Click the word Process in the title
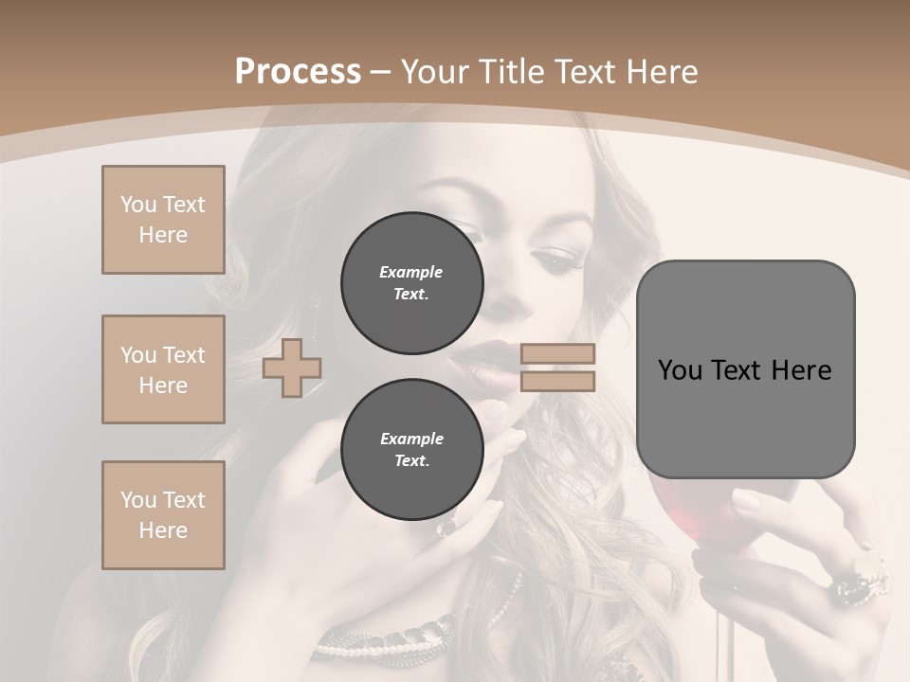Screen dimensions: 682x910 pos(298,72)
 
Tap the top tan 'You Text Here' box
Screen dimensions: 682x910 pos(163,220)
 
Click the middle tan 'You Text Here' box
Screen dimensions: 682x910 pos(163,369)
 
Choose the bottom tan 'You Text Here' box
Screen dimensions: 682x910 pos(163,515)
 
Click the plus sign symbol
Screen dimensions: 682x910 pos(292,368)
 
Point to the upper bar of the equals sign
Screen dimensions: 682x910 pos(558,354)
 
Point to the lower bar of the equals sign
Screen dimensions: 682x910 pos(558,381)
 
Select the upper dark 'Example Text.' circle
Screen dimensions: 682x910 pos(411,283)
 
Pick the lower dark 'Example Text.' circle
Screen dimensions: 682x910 pos(411,450)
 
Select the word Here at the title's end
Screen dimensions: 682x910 pos(664,72)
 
